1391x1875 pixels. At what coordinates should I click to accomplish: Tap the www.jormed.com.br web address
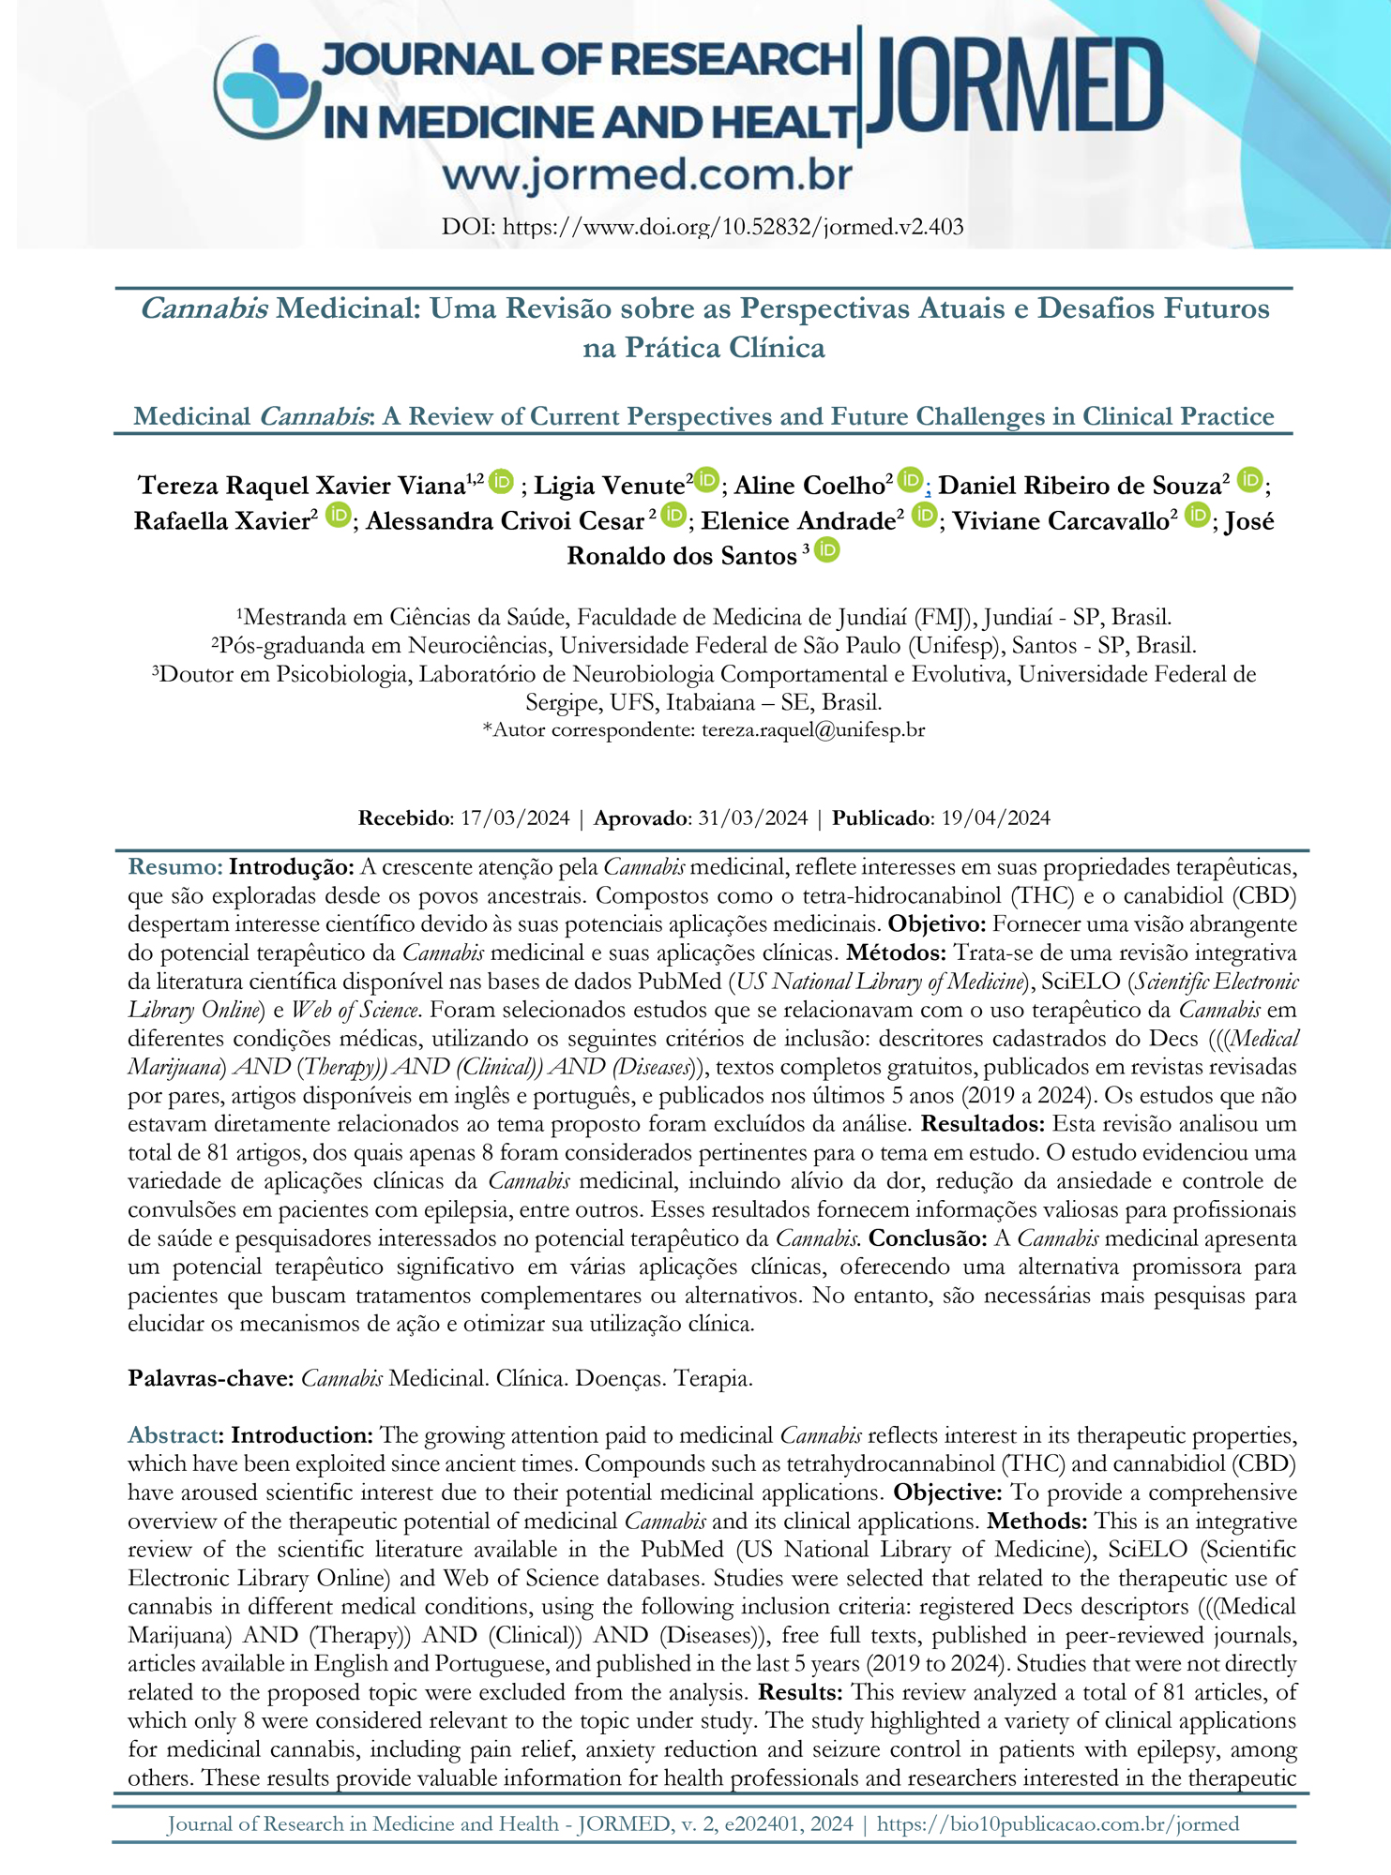point(647,175)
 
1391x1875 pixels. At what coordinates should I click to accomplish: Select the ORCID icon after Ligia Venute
point(706,480)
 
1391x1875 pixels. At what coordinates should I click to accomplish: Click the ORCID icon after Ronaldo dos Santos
point(826,550)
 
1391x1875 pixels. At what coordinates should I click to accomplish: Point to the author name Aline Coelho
point(813,485)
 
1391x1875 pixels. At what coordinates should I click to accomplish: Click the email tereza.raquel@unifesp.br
point(813,729)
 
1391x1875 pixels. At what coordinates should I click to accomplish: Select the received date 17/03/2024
point(515,817)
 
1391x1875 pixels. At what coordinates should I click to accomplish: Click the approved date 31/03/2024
point(752,817)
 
